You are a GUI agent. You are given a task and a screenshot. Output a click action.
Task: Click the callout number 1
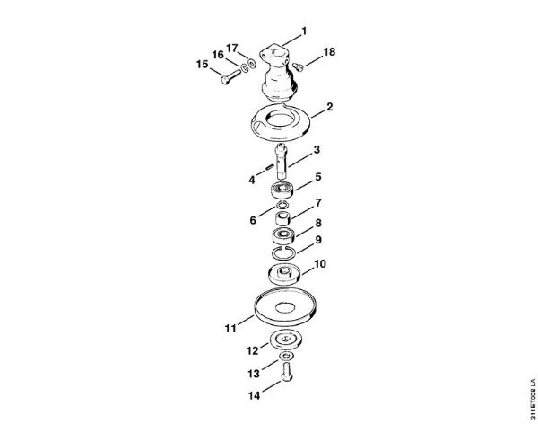[304, 31]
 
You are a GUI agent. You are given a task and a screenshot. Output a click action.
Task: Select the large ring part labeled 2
[281, 122]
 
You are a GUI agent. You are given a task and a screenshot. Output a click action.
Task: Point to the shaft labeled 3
[282, 162]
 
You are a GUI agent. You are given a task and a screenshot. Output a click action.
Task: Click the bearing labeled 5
[282, 190]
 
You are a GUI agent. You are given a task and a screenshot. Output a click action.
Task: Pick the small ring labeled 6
[282, 205]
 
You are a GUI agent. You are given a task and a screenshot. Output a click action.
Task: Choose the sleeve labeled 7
[283, 218]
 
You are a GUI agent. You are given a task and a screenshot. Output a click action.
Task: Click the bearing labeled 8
[283, 236]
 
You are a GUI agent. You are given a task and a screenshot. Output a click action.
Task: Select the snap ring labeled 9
[283, 254]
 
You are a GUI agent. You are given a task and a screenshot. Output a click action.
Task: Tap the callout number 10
[320, 264]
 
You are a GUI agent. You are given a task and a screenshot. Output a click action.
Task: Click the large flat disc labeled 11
[285, 307]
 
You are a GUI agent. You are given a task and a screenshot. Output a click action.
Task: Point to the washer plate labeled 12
[286, 340]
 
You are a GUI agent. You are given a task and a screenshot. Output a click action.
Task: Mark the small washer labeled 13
[286, 356]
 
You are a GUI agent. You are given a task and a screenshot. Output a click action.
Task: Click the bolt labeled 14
[287, 372]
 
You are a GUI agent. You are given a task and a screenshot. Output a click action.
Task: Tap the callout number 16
[218, 55]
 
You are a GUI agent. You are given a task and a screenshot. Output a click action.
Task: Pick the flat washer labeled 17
[252, 64]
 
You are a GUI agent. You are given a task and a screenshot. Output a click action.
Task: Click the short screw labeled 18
[298, 66]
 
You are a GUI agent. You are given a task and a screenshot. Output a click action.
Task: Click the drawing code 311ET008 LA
[533, 398]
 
